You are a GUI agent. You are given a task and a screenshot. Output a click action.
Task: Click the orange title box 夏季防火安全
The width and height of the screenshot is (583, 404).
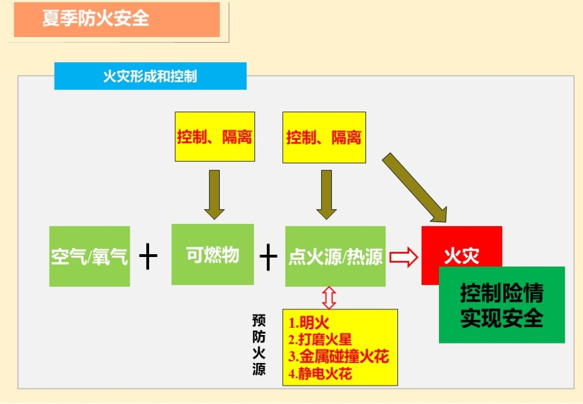(117, 19)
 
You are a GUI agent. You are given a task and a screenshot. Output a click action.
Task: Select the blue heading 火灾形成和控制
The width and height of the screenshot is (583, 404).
(150, 76)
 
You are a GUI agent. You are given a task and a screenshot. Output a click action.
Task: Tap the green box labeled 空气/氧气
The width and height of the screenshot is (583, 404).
(89, 256)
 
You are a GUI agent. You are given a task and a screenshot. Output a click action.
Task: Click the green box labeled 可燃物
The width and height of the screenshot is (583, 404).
(212, 254)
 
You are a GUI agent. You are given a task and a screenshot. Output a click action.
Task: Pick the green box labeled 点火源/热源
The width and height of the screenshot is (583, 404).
(335, 256)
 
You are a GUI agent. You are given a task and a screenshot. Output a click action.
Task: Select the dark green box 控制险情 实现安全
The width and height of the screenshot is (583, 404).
(502, 305)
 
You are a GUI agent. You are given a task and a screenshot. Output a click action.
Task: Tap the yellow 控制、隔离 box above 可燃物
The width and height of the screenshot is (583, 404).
(215, 137)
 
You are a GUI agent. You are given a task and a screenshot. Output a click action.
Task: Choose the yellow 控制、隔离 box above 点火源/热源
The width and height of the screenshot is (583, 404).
(324, 137)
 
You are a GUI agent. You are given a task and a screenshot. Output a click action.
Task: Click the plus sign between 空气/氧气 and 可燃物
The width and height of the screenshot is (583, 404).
(148, 257)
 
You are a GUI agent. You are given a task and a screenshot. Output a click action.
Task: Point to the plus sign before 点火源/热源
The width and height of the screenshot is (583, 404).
(268, 257)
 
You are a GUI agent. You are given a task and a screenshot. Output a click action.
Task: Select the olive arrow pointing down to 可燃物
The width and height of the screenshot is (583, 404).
(215, 194)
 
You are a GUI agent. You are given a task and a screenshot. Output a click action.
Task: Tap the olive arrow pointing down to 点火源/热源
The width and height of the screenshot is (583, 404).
(326, 194)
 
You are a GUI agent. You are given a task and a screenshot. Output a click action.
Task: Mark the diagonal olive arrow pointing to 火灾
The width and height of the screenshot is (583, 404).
(416, 188)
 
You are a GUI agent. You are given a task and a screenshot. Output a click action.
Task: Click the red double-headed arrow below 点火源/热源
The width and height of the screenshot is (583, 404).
(329, 297)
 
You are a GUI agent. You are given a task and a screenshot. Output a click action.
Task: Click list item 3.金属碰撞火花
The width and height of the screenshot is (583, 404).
(338, 357)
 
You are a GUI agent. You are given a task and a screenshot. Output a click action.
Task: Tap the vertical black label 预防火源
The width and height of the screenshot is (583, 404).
(259, 345)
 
